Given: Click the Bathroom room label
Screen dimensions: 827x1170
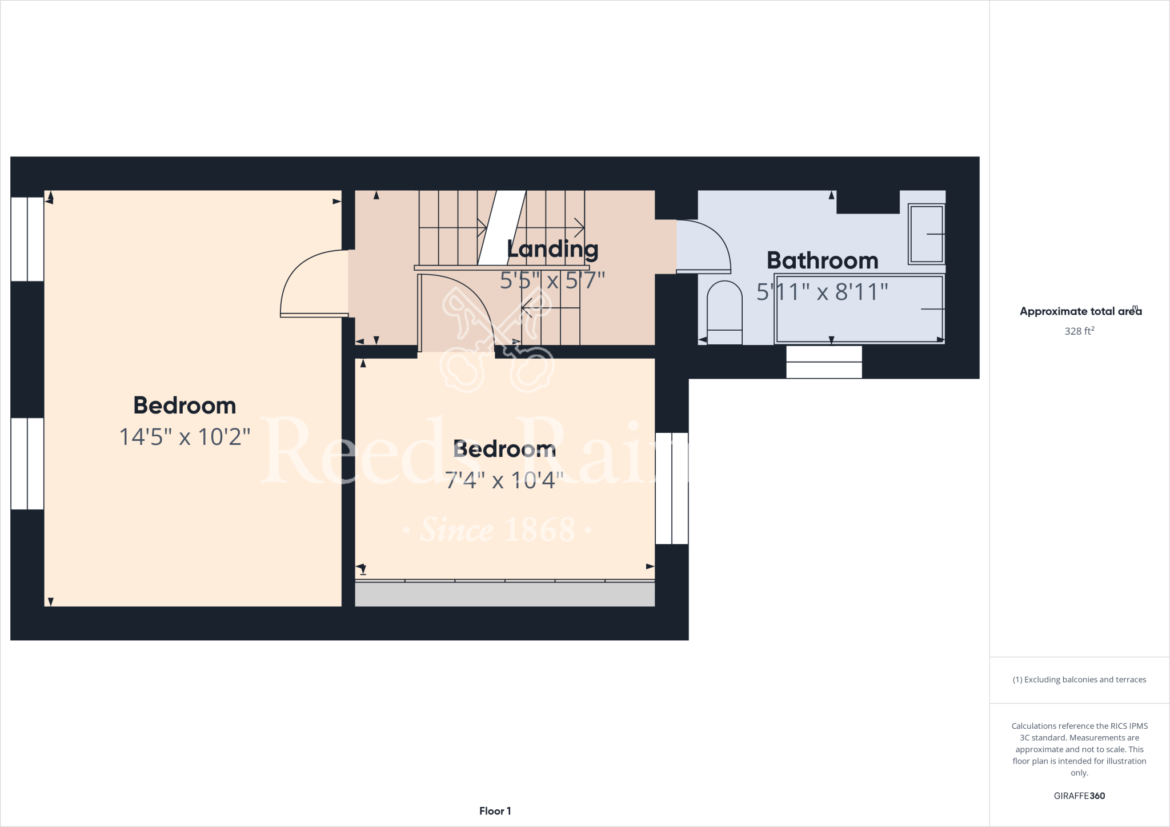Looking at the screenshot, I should [x=822, y=260].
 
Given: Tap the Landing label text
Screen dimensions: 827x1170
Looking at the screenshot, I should [x=552, y=249].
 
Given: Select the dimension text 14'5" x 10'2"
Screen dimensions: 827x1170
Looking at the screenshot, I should [x=185, y=437].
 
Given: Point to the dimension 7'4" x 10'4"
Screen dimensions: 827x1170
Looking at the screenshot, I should [x=504, y=480].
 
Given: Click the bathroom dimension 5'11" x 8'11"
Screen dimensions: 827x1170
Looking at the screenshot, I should [x=822, y=292].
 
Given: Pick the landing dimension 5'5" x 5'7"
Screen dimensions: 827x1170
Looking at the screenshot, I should [x=552, y=280].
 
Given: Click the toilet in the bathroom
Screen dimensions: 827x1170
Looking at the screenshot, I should [x=724, y=313].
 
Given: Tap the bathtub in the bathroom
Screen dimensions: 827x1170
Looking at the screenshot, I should [x=859, y=309].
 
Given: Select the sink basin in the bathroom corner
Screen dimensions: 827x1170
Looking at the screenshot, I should [x=926, y=234].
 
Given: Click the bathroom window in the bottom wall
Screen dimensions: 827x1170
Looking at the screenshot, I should [x=824, y=362].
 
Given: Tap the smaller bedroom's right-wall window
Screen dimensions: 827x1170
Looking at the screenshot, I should [x=672, y=488].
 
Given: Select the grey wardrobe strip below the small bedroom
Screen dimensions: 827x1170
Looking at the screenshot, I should [x=504, y=594].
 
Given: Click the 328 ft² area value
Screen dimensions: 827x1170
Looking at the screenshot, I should [x=1079, y=331].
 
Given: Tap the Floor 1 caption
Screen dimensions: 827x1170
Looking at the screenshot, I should [x=495, y=811].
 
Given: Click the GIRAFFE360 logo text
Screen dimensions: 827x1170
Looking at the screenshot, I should [x=1079, y=796].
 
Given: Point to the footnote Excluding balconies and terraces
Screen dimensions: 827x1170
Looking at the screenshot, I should [x=1079, y=680].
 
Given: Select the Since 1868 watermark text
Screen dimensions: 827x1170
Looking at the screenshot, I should [x=497, y=531].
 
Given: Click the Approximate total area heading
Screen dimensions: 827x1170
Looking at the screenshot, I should [x=1080, y=311].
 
